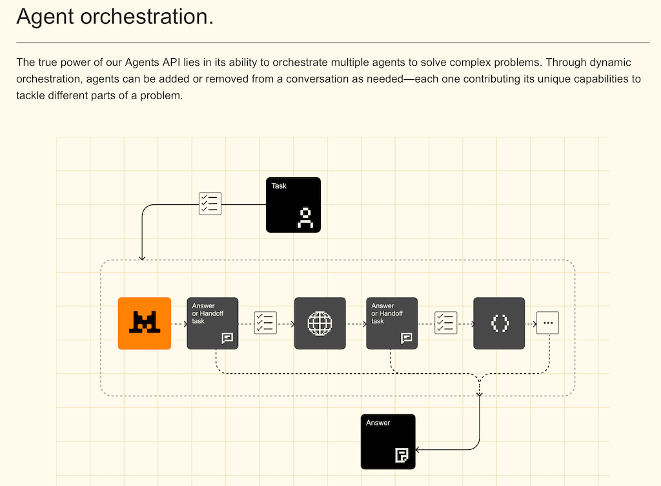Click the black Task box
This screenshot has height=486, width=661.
(293, 204)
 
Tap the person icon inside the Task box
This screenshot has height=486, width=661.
(305, 218)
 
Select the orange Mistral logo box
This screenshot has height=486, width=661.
(145, 323)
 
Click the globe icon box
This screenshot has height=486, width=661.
(320, 323)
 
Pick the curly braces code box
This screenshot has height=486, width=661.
(499, 323)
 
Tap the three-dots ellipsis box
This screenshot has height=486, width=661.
(548, 322)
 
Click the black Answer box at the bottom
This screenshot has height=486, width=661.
(387, 441)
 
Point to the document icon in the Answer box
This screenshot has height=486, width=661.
(402, 456)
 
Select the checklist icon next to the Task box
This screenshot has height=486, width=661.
(210, 203)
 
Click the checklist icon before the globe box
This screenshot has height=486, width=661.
(265, 322)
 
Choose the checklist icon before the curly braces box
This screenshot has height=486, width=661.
(445, 322)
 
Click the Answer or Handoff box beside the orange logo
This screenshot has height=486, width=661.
(212, 323)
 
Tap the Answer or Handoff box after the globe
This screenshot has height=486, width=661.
(392, 323)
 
